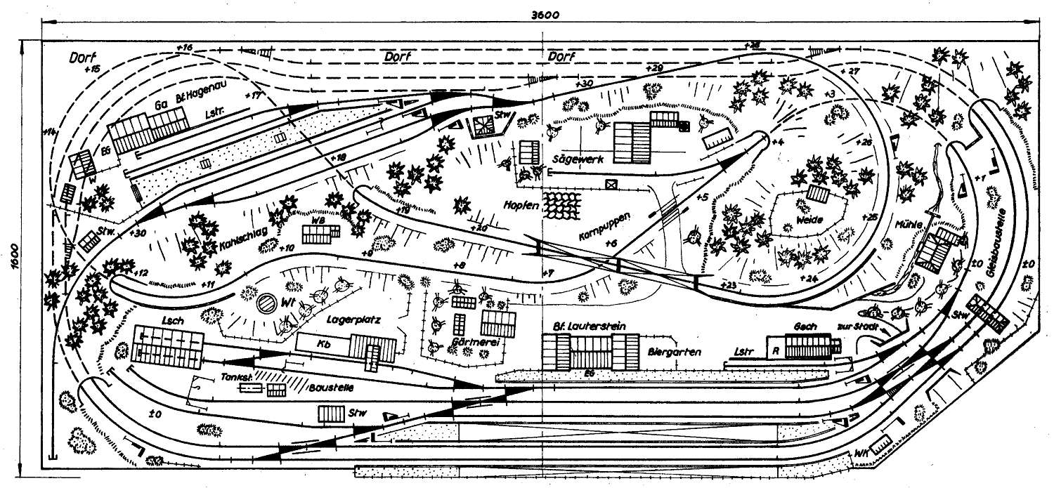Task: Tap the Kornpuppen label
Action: [x=603, y=224]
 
